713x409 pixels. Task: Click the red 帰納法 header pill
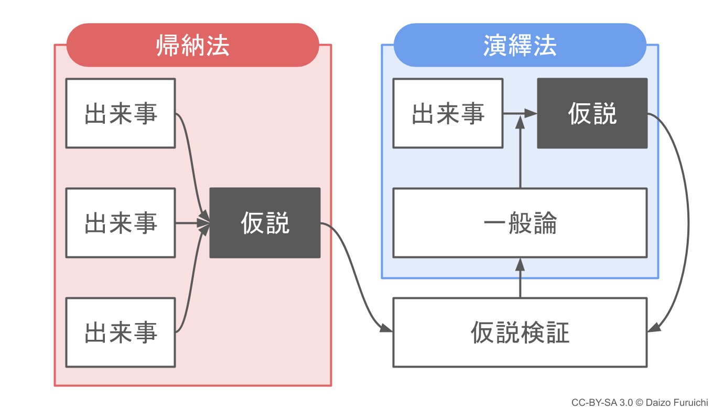pyautogui.click(x=192, y=45)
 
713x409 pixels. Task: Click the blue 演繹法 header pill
pyautogui.click(x=520, y=45)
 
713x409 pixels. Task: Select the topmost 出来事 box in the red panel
pyautogui.click(x=121, y=113)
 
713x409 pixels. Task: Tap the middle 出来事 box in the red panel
pyautogui.click(x=121, y=223)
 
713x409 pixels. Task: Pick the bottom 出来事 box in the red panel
pyautogui.click(x=121, y=332)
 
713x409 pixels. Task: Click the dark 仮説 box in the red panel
pyautogui.click(x=265, y=223)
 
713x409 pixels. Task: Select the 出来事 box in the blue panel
pyautogui.click(x=448, y=113)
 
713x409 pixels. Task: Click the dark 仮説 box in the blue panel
pyautogui.click(x=592, y=113)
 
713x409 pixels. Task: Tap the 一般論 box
pyautogui.click(x=520, y=223)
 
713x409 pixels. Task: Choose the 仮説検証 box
pyautogui.click(x=520, y=332)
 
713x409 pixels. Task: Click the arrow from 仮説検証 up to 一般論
pyautogui.click(x=520, y=278)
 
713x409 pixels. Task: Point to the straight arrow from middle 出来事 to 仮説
pyautogui.click(x=192, y=223)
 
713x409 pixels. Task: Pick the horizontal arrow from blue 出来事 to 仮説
pyautogui.click(x=520, y=113)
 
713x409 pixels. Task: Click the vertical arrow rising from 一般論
pyautogui.click(x=520, y=152)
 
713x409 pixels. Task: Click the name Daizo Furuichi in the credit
pyautogui.click(x=677, y=403)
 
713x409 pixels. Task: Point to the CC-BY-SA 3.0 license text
pyautogui.click(x=602, y=403)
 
